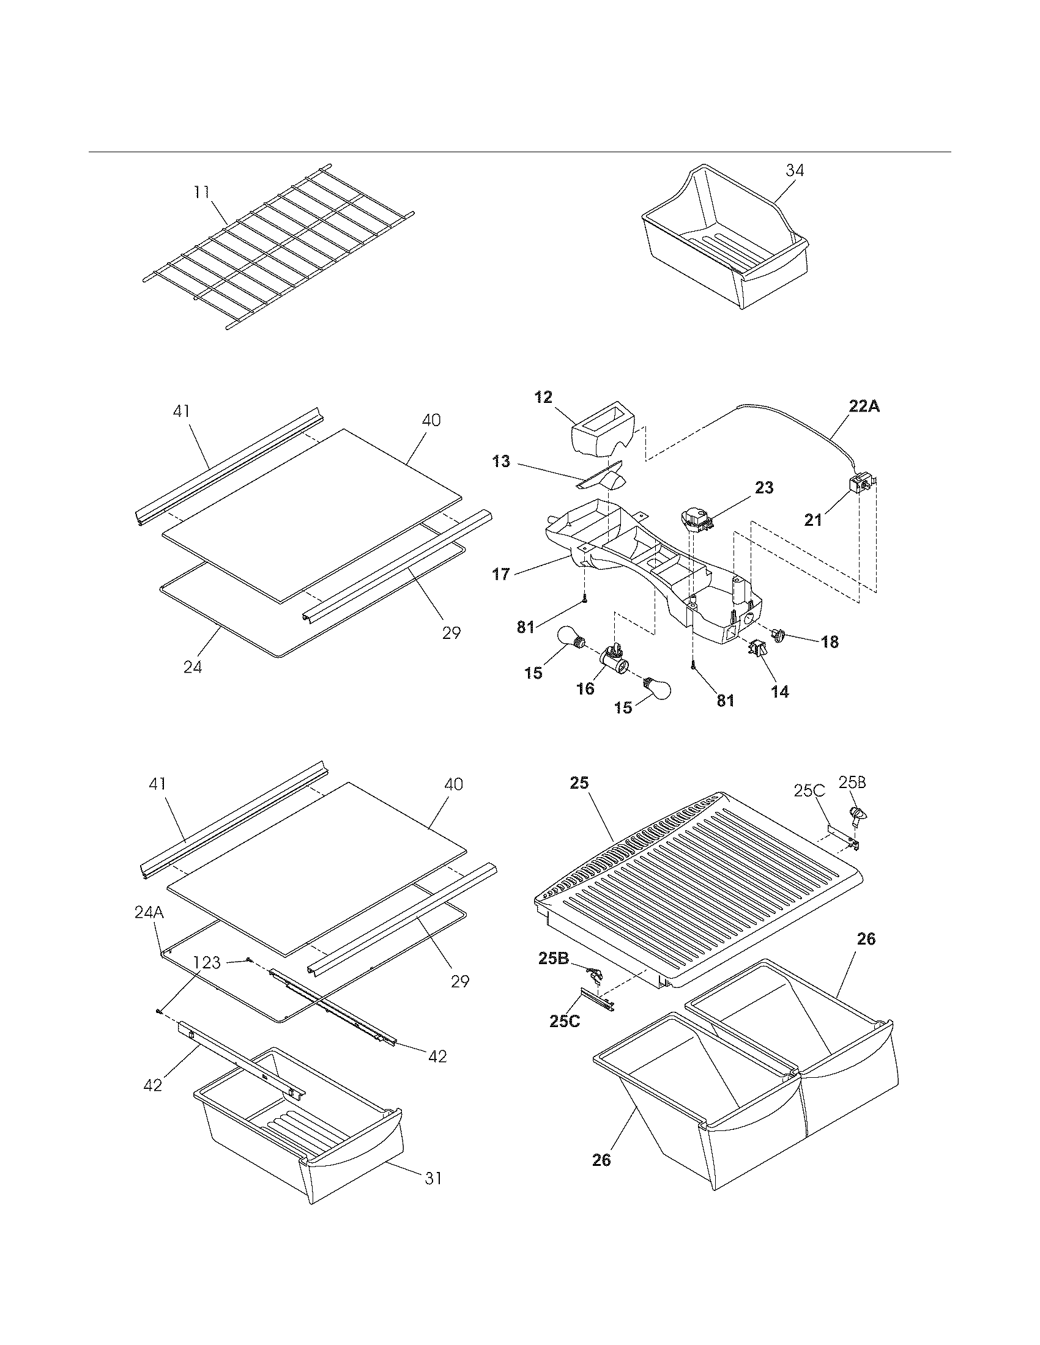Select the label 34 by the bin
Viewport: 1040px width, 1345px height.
795,171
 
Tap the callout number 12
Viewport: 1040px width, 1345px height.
543,397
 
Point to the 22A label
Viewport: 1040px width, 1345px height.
864,407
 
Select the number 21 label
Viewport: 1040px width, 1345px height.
813,520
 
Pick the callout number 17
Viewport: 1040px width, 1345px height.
501,574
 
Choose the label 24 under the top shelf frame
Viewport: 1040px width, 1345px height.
193,666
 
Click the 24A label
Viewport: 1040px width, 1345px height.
149,929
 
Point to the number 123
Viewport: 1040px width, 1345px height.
207,962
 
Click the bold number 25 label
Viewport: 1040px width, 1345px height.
579,783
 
